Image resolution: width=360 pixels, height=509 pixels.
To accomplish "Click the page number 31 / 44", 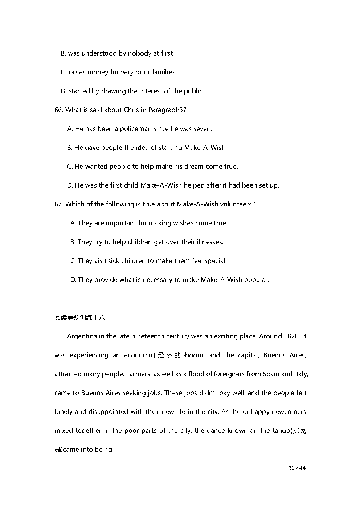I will pos(297,468).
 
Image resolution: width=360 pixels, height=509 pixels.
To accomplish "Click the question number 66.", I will pos(58,110).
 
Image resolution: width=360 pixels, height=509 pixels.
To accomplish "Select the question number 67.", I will pos(58,204).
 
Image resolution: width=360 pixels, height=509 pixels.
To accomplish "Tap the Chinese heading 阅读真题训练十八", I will pos(79,318).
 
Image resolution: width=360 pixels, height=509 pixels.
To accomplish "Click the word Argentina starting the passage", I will pos(82,336).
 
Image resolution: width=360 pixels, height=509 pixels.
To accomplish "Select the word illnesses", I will pos(210,242).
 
